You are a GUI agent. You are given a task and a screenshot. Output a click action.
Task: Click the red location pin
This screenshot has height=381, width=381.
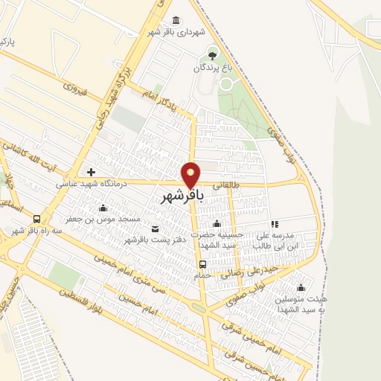[x=191, y=174]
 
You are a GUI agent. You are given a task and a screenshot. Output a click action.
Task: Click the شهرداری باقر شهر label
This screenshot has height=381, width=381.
[x=176, y=32]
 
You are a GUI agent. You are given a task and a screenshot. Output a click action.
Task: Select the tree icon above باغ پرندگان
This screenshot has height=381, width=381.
[x=214, y=54]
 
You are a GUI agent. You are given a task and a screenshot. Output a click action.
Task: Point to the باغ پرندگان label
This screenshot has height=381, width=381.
[x=214, y=68]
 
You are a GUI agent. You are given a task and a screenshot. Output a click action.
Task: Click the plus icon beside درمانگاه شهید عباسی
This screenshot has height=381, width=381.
[x=92, y=173]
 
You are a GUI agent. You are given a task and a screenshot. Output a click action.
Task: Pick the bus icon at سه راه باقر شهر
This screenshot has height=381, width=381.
[x=36, y=219]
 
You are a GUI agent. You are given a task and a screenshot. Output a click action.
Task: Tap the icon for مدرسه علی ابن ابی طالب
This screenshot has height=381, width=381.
[x=275, y=223]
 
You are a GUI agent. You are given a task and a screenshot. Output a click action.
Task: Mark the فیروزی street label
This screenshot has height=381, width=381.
[x=74, y=93]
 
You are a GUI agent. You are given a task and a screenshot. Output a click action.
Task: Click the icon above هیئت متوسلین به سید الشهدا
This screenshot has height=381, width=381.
[x=301, y=288]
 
